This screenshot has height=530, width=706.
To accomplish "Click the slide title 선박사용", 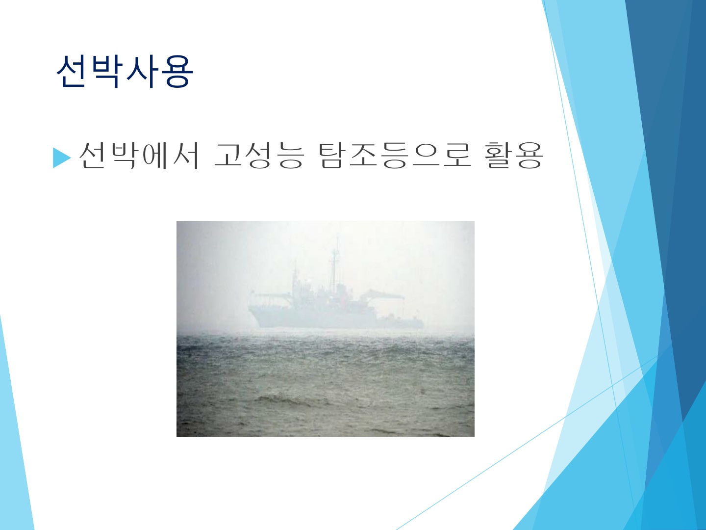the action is tap(125, 71).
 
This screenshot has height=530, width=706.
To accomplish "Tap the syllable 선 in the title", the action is tap(73, 71).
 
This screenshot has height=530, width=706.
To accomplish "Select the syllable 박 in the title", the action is tap(107, 71).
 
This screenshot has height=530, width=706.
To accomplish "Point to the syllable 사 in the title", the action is tap(142, 71).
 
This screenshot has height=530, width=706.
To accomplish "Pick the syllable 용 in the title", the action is tap(177, 71).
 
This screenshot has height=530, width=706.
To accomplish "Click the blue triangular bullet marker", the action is tap(61, 158).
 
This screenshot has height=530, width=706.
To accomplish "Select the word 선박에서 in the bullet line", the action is tap(139, 156).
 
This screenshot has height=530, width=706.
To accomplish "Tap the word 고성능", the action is tap(259, 156).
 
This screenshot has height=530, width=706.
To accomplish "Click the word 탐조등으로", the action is tap(395, 156).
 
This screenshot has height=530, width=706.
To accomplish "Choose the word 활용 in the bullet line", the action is tap(514, 156).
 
